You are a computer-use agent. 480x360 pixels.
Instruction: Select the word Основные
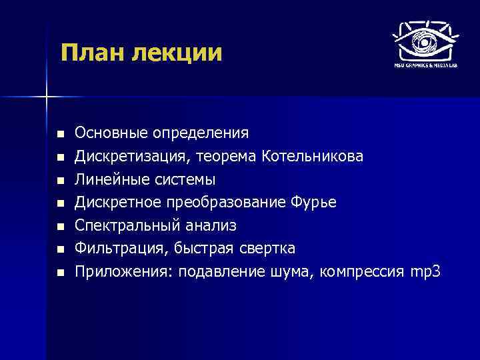pyautogui.click(x=111, y=133)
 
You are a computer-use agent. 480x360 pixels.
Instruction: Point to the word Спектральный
pyautogui.click(x=121, y=225)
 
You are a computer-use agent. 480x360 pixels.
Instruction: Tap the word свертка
pyautogui.click(x=268, y=249)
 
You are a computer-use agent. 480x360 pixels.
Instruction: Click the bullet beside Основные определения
pyautogui.click(x=60, y=133)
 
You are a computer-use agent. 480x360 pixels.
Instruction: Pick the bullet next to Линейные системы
pyautogui.click(x=60, y=180)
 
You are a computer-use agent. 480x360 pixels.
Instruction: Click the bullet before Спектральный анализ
pyautogui.click(x=60, y=226)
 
